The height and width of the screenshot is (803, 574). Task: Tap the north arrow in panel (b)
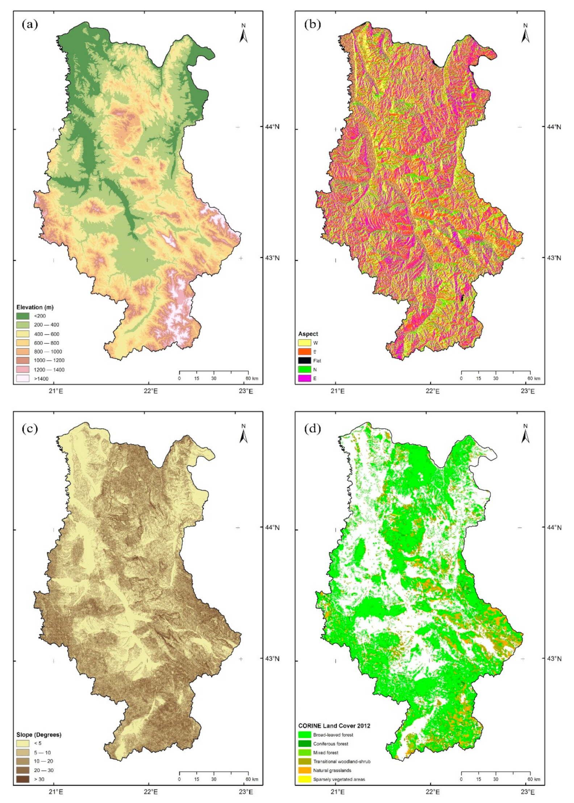(525, 34)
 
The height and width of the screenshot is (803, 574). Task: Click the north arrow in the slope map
(244, 434)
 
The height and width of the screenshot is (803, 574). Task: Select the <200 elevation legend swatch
(23, 316)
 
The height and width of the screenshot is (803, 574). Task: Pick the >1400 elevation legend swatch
(23, 379)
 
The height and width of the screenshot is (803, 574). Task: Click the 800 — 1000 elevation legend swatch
(23, 352)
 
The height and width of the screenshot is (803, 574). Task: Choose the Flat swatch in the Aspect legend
(304, 361)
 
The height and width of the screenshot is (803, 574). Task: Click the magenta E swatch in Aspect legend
(304, 379)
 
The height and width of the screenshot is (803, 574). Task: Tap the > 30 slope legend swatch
(23, 779)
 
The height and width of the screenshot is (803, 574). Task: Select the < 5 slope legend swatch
(23, 744)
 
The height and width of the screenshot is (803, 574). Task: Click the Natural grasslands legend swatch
(304, 770)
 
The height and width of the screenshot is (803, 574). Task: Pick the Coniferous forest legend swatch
(304, 744)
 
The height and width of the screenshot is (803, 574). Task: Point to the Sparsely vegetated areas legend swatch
(304, 779)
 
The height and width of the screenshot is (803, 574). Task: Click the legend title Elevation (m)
(35, 307)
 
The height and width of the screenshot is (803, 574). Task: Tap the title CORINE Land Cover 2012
(334, 726)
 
